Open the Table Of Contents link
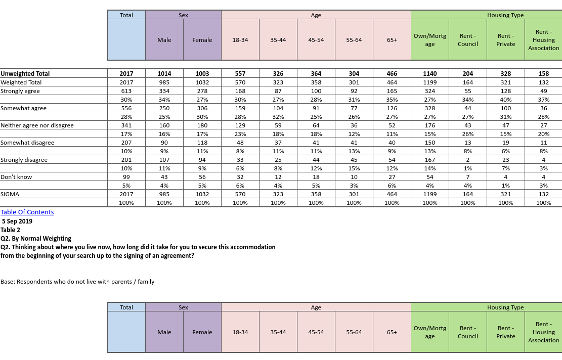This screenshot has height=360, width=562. pyautogui.click(x=27, y=212)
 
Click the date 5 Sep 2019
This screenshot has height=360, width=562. pyautogui.click(x=17, y=221)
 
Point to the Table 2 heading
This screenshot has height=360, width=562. pyautogui.click(x=11, y=230)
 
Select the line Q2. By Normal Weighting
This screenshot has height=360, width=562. pyautogui.click(x=36, y=238)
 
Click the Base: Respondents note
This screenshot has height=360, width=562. pyautogui.click(x=77, y=282)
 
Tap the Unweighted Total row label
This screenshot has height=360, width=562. pyautogui.click(x=25, y=74)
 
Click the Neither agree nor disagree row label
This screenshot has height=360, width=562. pyautogui.click(x=37, y=125)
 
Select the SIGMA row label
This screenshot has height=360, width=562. pyautogui.click(x=10, y=194)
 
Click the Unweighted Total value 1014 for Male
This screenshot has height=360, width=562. pyautogui.click(x=164, y=74)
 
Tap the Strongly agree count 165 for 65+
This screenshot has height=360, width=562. pyautogui.click(x=392, y=91)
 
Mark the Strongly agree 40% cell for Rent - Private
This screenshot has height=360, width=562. pyautogui.click(x=506, y=100)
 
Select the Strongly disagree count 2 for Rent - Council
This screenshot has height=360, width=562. pyautogui.click(x=468, y=160)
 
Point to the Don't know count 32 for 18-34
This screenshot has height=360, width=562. pyautogui.click(x=240, y=177)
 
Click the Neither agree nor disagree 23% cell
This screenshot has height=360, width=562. pyautogui.click(x=240, y=134)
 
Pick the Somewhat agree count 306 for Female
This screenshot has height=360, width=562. pyautogui.click(x=202, y=108)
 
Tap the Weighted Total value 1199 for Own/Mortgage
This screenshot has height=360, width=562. pyautogui.click(x=430, y=82)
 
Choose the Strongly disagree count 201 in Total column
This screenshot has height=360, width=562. pyautogui.click(x=126, y=160)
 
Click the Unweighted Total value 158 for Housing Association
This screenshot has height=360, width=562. pyautogui.click(x=544, y=74)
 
